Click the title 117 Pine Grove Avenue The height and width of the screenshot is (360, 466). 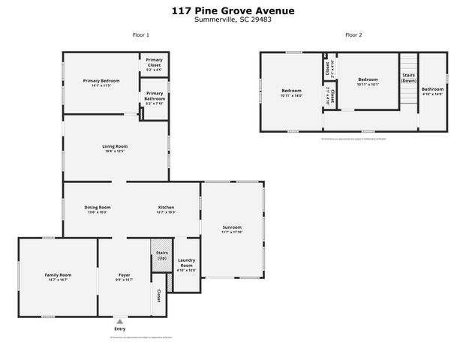(x=233, y=10)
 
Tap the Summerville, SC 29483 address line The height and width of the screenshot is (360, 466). (x=233, y=19)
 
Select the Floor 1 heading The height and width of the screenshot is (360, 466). (x=140, y=35)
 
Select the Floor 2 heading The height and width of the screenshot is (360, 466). (x=353, y=35)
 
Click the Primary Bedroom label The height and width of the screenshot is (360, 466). (x=101, y=82)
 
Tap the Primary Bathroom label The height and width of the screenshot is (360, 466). (x=154, y=97)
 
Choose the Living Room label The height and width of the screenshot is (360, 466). (x=115, y=148)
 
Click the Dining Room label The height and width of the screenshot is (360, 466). (x=97, y=209)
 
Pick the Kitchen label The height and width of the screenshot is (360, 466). (x=166, y=209)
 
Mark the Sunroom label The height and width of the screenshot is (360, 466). (x=233, y=228)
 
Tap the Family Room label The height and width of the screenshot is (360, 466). (x=58, y=277)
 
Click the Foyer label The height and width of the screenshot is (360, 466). (x=125, y=277)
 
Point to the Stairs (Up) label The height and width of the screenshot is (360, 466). (x=161, y=255)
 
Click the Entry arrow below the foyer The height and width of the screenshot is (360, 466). (x=119, y=321)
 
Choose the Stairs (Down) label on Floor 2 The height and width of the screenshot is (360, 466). (x=408, y=78)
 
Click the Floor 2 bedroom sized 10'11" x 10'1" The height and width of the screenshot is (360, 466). (x=368, y=82)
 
